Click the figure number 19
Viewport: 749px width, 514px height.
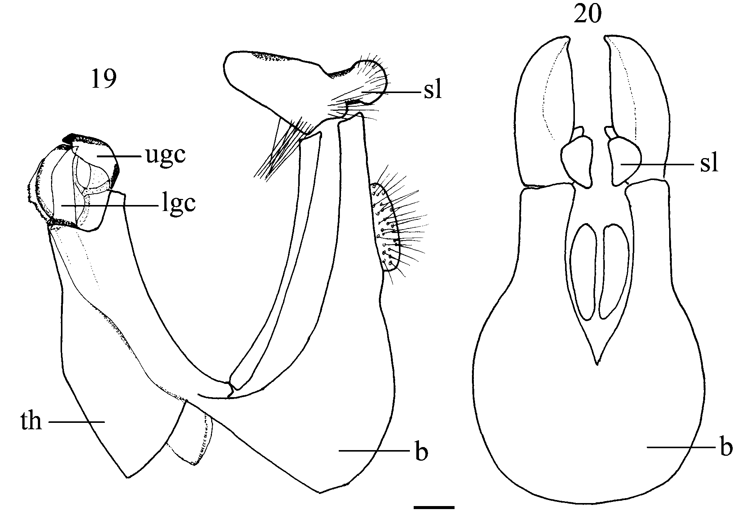tap(104, 79)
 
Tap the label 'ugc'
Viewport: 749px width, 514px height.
tap(166, 155)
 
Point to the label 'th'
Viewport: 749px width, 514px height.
tap(31, 421)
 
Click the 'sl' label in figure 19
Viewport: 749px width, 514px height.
tap(433, 92)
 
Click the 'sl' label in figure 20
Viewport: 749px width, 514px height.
tap(709, 164)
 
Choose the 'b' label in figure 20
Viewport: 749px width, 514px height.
tap(726, 448)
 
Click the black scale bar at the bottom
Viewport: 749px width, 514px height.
tap(434, 507)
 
